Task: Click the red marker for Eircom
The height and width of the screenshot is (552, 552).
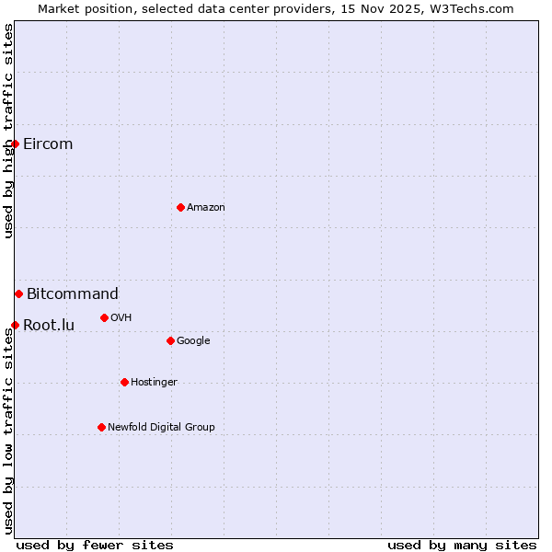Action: click(x=15, y=144)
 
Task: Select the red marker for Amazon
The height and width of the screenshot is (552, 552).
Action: click(x=180, y=207)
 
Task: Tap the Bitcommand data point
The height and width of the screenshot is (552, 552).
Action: click(x=18, y=293)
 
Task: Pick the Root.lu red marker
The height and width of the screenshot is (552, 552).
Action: click(x=15, y=325)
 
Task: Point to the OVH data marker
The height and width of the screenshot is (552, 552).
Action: click(x=104, y=317)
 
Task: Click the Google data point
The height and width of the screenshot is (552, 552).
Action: click(x=170, y=340)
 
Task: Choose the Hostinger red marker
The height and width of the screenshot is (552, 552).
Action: click(x=124, y=382)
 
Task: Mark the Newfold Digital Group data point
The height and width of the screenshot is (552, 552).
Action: click(x=101, y=427)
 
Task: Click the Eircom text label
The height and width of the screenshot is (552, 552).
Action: click(x=48, y=144)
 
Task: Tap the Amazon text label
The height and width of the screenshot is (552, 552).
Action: click(x=206, y=207)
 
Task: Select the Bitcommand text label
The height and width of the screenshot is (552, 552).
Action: click(x=73, y=293)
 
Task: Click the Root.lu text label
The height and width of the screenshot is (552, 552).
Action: click(x=49, y=325)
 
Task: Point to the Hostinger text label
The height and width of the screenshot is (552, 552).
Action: click(x=154, y=382)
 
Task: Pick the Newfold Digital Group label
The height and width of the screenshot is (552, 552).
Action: click(x=161, y=427)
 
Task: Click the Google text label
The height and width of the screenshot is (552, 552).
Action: click(x=193, y=340)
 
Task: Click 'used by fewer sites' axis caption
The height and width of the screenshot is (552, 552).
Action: click(x=95, y=545)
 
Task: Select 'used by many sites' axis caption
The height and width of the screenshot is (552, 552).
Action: click(x=462, y=545)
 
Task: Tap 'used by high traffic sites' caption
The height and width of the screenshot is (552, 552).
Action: click(x=8, y=131)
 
